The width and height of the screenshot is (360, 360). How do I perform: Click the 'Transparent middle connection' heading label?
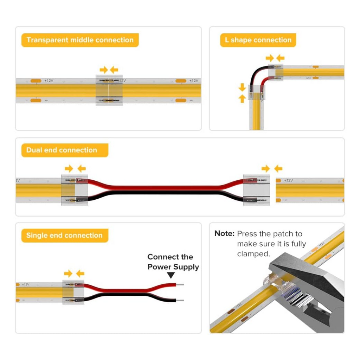tap(80, 40)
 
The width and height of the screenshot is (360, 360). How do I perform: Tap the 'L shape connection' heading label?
tap(258, 40)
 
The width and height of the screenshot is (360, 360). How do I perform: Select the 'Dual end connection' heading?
tap(62, 150)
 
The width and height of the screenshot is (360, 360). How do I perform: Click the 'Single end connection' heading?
tap(64, 236)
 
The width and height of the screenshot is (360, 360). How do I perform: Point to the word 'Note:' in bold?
tap(224, 234)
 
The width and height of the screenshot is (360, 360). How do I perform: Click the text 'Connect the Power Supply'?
tap(173, 262)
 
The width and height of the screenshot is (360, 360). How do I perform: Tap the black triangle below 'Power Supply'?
tap(171, 276)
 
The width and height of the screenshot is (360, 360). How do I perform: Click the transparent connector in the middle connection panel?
tap(109, 90)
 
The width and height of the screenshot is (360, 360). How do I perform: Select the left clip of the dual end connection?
tap(74, 190)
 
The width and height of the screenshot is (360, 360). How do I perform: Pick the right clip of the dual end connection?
tap(257, 190)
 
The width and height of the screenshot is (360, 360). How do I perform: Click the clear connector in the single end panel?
tap(73, 292)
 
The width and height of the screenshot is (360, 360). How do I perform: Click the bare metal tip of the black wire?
tap(180, 301)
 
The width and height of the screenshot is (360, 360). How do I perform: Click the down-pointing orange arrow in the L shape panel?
tap(242, 87)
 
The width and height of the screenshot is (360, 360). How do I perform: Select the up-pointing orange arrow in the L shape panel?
tap(242, 98)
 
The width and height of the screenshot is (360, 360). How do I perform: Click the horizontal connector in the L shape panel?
tap(276, 73)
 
